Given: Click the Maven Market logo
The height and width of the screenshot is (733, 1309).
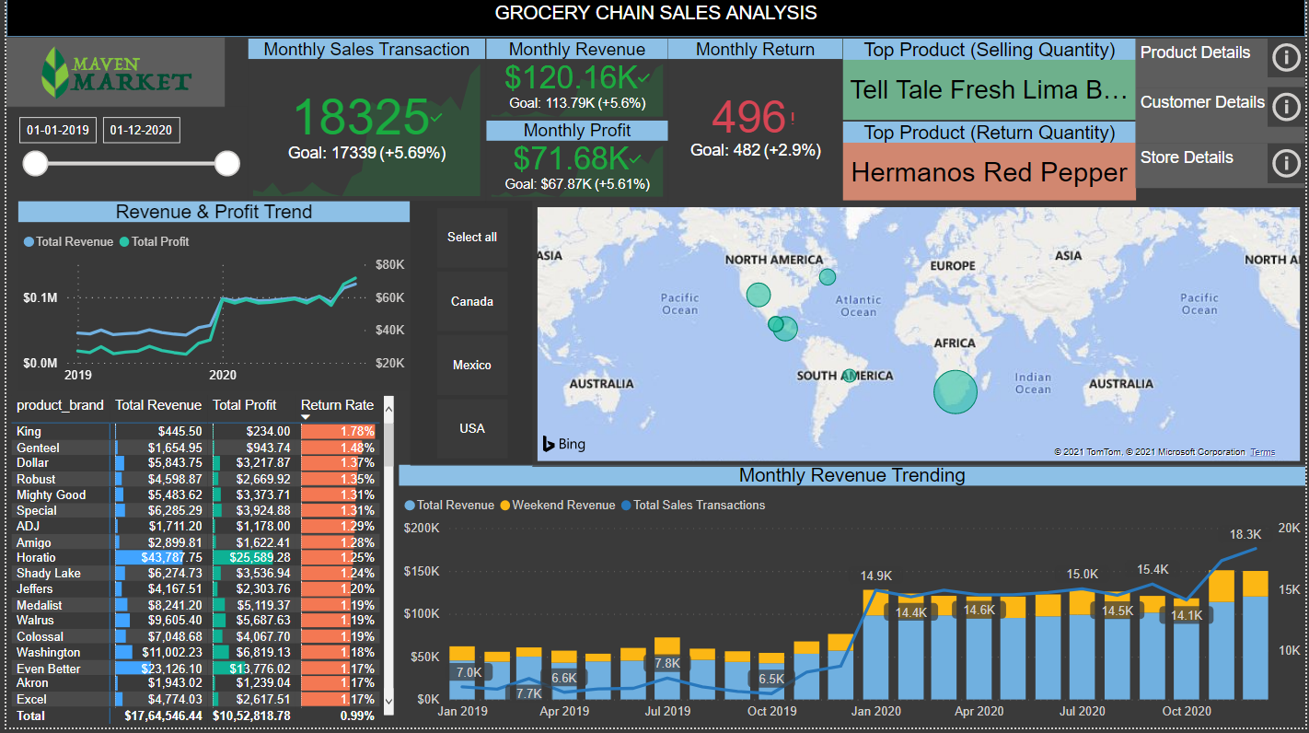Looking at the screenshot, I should (116, 73).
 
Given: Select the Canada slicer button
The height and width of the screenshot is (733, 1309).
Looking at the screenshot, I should (471, 301).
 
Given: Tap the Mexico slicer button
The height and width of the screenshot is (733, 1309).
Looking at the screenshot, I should (471, 365).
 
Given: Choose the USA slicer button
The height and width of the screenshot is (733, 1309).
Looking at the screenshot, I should (471, 428).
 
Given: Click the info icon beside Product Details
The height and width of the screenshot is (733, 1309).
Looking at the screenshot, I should (1285, 58).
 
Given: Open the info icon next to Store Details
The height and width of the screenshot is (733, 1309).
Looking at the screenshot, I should (1285, 163).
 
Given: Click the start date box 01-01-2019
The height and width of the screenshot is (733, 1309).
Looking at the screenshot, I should (58, 130).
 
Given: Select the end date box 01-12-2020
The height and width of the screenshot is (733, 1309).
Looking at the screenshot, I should (141, 130).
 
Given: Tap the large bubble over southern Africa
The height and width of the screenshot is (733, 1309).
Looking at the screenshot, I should (955, 390).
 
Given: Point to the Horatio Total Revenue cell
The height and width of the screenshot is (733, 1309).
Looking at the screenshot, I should (158, 557).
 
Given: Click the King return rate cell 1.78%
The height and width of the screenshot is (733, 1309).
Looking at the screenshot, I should (339, 431).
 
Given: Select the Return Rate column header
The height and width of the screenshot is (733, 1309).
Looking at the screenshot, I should (337, 405).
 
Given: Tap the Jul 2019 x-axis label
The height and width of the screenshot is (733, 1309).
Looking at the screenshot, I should (668, 711).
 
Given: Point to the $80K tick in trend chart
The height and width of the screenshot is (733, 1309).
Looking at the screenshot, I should (389, 265).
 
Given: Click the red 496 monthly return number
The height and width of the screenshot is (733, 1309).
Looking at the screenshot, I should (748, 118).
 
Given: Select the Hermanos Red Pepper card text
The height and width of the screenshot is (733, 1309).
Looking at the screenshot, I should (989, 172).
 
